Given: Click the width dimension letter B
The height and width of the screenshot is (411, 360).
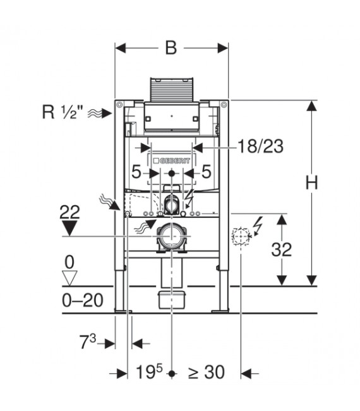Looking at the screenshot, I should tap(171, 49).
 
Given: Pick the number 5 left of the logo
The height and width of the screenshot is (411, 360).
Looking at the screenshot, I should tap(136, 172).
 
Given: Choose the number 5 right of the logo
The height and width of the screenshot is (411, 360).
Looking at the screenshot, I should tap(205, 172).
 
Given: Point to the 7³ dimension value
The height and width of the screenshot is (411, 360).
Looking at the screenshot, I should tap(88, 343).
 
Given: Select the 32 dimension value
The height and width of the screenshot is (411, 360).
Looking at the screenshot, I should tap(282, 251).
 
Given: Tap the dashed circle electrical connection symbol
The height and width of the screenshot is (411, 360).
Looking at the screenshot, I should tap(240, 236).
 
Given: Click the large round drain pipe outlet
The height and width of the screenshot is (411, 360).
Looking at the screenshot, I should tap(171, 236).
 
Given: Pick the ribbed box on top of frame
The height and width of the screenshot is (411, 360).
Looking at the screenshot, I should tap(172, 90).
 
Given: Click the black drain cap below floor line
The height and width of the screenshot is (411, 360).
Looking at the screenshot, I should tap(171, 298).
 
